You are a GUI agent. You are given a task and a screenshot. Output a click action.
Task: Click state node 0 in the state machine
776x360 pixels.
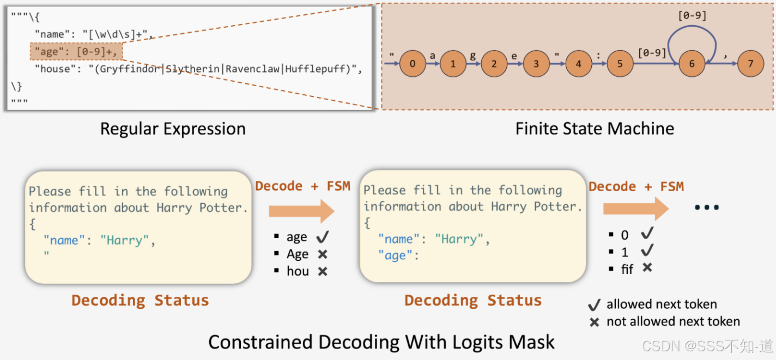click(413, 64)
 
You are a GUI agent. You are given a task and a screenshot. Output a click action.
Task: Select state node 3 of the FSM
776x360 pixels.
click(536, 64)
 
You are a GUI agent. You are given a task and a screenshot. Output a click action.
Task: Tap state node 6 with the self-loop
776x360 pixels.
click(692, 64)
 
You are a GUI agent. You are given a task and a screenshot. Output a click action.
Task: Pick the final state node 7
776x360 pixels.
click(751, 64)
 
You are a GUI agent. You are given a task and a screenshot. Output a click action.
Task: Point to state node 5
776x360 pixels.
click(620, 64)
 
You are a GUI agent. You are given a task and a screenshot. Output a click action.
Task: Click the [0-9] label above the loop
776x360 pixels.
click(692, 16)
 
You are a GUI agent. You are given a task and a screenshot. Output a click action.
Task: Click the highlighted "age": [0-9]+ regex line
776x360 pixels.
click(76, 52)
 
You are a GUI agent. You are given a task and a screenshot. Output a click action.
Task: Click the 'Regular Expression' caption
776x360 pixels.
click(173, 129)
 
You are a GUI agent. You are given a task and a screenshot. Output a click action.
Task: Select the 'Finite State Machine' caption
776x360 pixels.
click(595, 129)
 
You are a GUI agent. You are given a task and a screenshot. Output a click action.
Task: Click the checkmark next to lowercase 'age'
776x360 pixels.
click(323, 237)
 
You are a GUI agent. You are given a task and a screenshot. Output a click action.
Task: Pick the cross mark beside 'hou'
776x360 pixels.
click(323, 271)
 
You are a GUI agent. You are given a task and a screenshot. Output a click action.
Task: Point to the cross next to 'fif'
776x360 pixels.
click(647, 267)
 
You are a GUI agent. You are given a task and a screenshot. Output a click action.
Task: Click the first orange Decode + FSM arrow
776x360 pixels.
click(301, 210)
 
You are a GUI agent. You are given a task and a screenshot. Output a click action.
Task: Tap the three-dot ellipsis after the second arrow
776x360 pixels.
click(707, 208)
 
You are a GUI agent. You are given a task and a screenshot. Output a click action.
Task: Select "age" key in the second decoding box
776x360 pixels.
click(396, 256)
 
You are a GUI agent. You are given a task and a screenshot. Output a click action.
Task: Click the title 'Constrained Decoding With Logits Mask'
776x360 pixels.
click(381, 342)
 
